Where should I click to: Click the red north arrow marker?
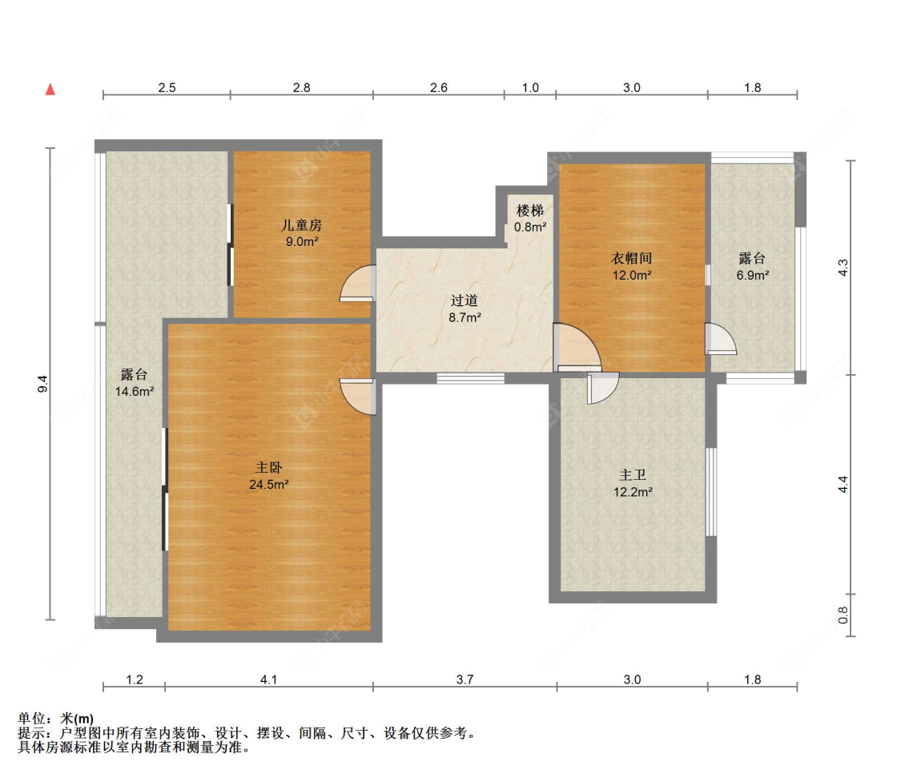(x=50, y=89)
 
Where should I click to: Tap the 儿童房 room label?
(x=302, y=225)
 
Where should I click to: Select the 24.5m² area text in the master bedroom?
(x=269, y=485)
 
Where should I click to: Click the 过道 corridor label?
(x=465, y=300)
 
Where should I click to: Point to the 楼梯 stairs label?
(x=530, y=211)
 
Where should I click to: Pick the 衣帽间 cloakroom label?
(x=632, y=258)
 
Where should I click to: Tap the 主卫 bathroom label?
(x=633, y=475)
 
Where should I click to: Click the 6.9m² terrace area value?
(x=753, y=276)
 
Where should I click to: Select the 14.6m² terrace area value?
(x=135, y=392)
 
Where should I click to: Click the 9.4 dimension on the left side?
(x=42, y=384)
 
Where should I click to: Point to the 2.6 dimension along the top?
(x=438, y=87)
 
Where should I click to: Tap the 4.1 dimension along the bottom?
(x=268, y=679)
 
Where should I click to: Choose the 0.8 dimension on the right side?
(x=843, y=615)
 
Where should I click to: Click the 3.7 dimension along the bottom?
(x=465, y=679)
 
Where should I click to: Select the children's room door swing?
(x=357, y=283)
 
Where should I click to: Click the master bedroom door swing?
(x=358, y=397)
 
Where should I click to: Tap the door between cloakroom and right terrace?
(x=721, y=339)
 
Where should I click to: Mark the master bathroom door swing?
(x=603, y=388)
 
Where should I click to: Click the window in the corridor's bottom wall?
(x=470, y=378)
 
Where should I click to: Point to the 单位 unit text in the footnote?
(x=31, y=718)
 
